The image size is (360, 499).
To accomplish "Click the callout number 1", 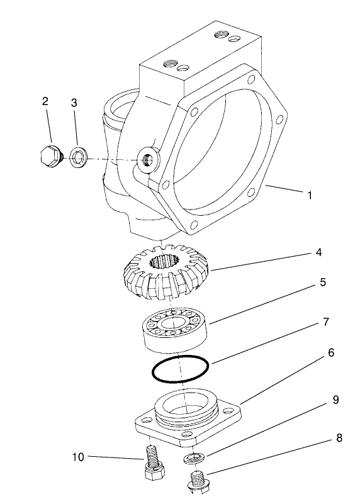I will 310,196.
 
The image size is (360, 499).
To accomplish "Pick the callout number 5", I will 323,283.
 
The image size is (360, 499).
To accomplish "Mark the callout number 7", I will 325,322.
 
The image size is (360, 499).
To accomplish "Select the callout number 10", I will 77,456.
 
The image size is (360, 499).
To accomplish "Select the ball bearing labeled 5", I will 174,330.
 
